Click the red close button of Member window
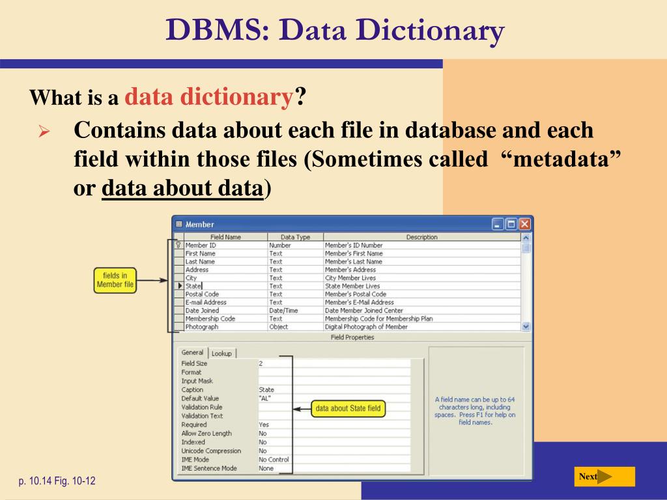[x=524, y=225]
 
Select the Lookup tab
[x=221, y=354]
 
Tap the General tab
[x=192, y=352]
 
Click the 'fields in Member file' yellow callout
[x=115, y=280]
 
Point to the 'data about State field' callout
[x=348, y=409]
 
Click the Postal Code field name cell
[x=202, y=294]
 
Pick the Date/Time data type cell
[x=283, y=311]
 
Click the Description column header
[x=421, y=237]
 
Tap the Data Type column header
[x=295, y=237]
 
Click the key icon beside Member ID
[x=178, y=245]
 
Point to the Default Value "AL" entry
[x=265, y=398]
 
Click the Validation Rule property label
[x=202, y=407]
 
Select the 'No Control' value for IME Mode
[x=274, y=460]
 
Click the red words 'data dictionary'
[x=208, y=98]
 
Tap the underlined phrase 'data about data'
[x=182, y=188]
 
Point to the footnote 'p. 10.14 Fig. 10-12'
[x=57, y=482]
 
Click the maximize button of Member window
[x=511, y=225]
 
